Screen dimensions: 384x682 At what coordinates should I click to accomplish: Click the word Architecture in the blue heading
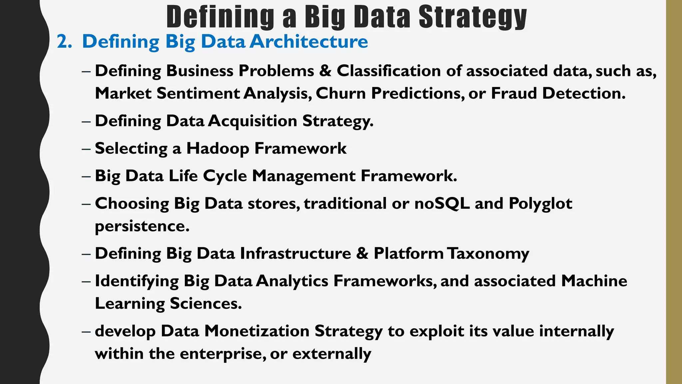[x=309, y=42]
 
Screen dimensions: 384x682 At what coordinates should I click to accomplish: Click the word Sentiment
[x=198, y=93]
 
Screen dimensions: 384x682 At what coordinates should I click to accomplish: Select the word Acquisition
[x=252, y=121]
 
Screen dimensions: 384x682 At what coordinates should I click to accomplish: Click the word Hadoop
[x=217, y=149]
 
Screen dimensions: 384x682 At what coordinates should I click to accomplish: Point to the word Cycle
[x=225, y=176]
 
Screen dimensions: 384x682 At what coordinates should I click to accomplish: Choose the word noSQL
[x=442, y=204]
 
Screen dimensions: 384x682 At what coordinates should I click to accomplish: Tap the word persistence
[x=142, y=226]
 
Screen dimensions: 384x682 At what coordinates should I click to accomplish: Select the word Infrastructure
[x=295, y=254]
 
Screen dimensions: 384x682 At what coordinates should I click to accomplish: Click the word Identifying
[x=137, y=281]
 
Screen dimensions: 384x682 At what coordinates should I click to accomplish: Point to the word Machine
[x=594, y=281]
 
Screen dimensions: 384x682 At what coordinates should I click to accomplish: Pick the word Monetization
[x=257, y=331]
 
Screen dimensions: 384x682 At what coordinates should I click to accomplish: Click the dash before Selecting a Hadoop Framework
[x=86, y=149]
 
